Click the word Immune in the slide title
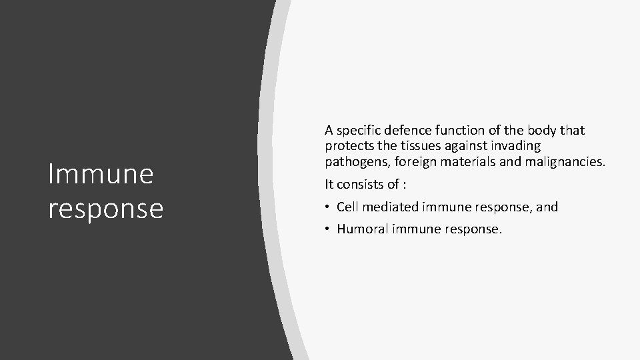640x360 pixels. pyautogui.click(x=101, y=175)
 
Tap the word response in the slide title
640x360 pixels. pyautogui.click(x=105, y=208)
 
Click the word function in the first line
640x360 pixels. pyautogui.click(x=461, y=131)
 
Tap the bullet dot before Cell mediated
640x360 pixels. pyautogui.click(x=328, y=207)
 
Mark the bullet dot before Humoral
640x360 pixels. pyautogui.click(x=328, y=230)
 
